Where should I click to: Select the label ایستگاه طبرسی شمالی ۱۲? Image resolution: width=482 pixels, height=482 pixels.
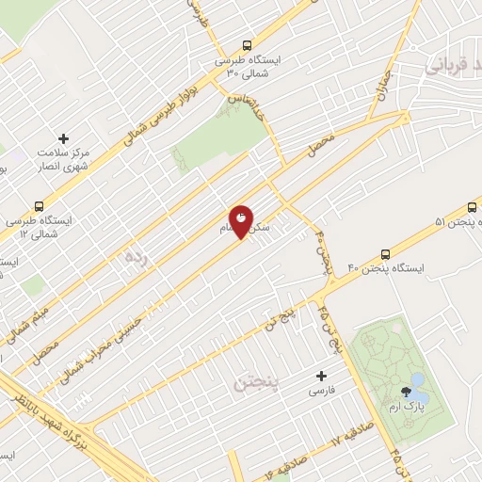(40, 226)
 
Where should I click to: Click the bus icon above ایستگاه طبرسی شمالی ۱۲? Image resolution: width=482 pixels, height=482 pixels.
(39, 205)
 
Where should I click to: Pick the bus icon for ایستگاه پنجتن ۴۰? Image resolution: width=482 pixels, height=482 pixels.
(385, 254)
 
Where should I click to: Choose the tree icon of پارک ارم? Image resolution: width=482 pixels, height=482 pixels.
(405, 390)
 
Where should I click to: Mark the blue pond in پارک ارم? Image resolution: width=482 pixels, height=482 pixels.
(420, 399)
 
